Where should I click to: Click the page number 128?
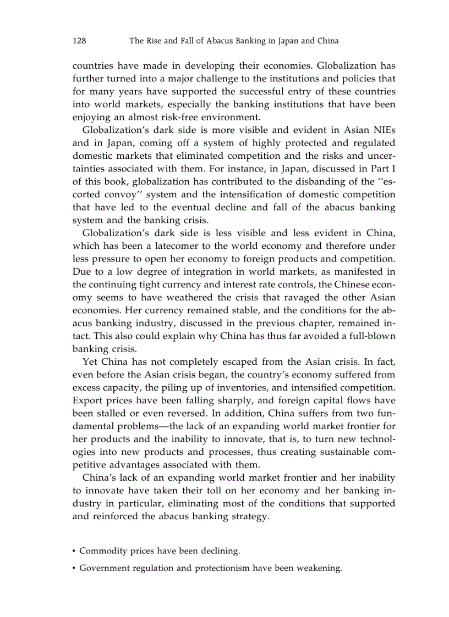coord(80,41)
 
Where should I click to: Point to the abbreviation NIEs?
coord(382,130)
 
